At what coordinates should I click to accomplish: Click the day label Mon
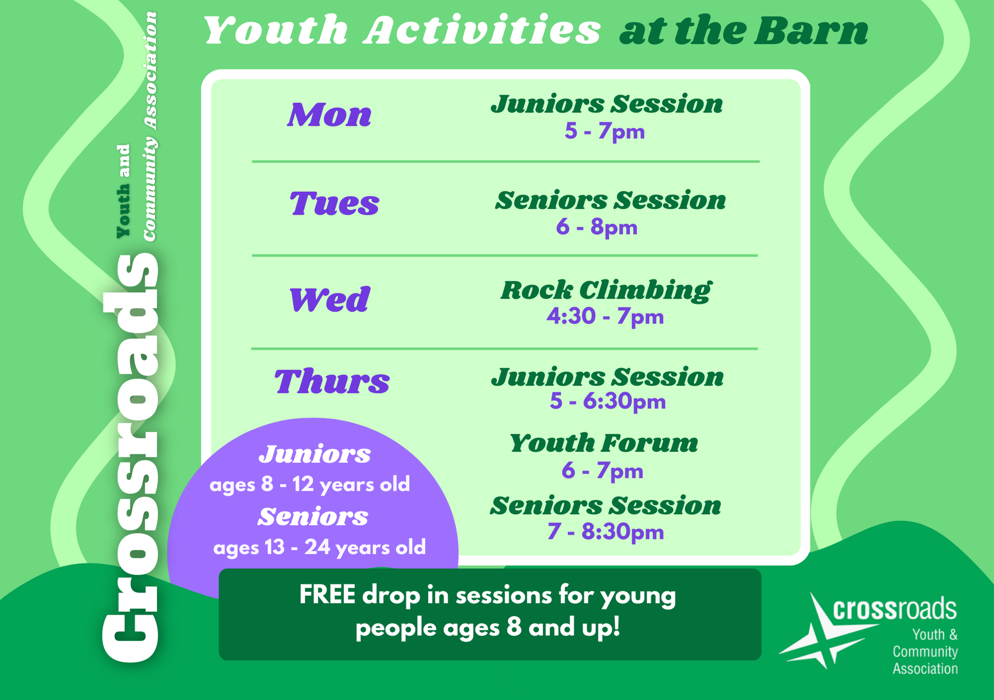click(x=330, y=115)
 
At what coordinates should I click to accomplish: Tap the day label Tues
click(x=334, y=204)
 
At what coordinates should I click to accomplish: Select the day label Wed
click(x=330, y=300)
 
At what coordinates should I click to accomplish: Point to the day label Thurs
click(x=332, y=382)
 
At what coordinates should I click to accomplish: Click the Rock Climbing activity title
click(x=606, y=290)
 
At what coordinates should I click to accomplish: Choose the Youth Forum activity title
click(x=604, y=443)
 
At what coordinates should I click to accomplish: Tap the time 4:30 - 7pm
click(x=605, y=316)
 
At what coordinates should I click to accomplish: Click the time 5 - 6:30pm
click(x=607, y=401)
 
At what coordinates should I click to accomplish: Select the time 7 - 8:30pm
click(x=606, y=532)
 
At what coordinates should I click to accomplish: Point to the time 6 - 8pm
click(x=596, y=227)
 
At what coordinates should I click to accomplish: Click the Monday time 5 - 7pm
click(x=604, y=132)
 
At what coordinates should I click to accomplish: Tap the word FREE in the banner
click(x=328, y=595)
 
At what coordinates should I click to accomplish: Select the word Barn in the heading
click(x=811, y=31)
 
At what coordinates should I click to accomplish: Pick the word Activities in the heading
click(x=482, y=30)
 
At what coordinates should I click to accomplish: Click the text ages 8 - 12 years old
click(x=310, y=484)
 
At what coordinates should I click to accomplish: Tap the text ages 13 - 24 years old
click(x=320, y=547)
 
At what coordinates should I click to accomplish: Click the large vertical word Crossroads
click(x=130, y=458)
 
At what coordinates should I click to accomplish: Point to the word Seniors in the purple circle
click(x=313, y=517)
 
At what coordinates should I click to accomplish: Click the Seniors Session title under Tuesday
click(x=610, y=201)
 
